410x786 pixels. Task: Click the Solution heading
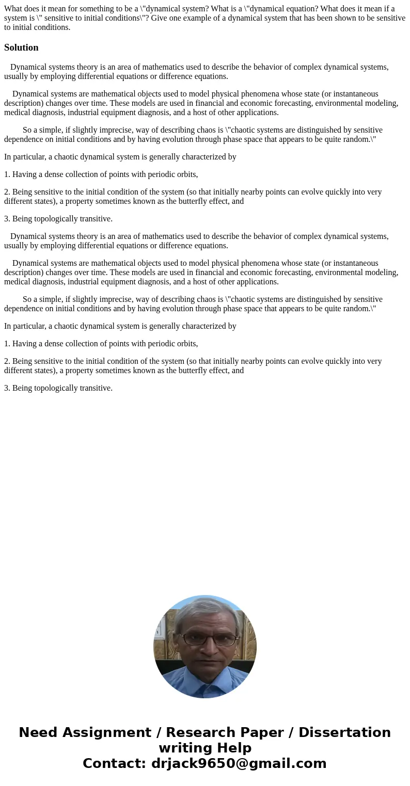click(x=21, y=47)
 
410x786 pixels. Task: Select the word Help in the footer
click(x=236, y=748)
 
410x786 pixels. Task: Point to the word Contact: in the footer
click(x=114, y=763)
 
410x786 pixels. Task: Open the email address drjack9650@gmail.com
click(x=239, y=763)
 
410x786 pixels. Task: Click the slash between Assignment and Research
click(x=159, y=732)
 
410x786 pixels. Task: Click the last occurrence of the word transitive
click(x=96, y=388)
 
